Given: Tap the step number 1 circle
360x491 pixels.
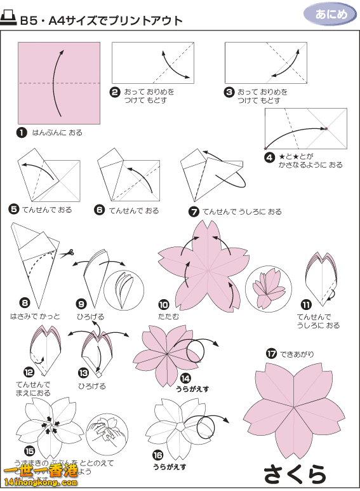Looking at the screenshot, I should [22, 133].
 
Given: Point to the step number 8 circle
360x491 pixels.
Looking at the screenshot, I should [25, 302].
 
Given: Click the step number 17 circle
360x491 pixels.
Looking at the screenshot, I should [271, 354].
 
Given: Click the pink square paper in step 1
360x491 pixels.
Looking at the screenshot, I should [59, 83].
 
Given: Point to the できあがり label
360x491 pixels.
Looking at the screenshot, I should [297, 354].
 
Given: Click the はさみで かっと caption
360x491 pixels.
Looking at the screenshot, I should [35, 316].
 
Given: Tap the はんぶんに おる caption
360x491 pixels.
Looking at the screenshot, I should [57, 133].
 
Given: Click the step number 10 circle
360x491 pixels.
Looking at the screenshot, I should [163, 304].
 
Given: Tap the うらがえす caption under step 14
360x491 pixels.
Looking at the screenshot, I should [192, 388].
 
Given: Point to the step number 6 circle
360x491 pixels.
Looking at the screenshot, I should [99, 210].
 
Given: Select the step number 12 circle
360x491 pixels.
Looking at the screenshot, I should [29, 372].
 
